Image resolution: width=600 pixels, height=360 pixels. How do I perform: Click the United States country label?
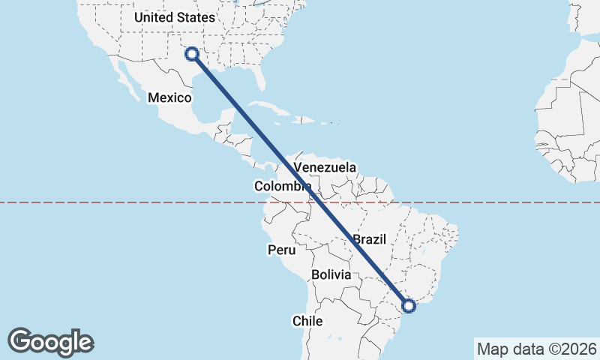pos(174,17)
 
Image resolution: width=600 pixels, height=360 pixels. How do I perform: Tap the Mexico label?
pos(170,97)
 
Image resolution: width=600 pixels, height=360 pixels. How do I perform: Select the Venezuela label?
pos(325,167)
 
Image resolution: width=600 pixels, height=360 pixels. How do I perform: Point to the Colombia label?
pos(282,186)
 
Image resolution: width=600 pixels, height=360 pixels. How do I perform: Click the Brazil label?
pos(369,239)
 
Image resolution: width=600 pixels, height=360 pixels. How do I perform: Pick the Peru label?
pos(281,250)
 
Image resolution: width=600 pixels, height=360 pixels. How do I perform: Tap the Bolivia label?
pos(331,274)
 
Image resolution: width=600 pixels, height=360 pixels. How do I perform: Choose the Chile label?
pos(307,321)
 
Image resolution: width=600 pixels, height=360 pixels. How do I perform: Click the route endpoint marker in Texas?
pos(192,54)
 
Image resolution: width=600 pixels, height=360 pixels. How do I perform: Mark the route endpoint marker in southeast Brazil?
pos(409,305)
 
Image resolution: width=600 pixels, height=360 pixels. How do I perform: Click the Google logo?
pos(50,341)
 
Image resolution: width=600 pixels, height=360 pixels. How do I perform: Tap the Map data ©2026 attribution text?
pos(537,349)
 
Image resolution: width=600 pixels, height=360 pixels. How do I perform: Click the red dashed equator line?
pos(487,202)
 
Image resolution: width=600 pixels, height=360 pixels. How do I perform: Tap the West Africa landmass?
pos(570,142)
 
